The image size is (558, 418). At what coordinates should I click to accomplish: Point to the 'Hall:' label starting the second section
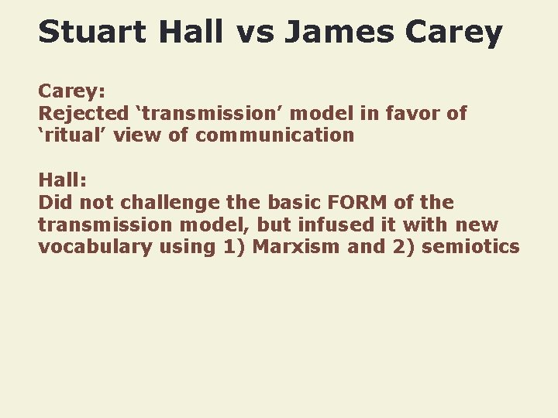tap(62, 180)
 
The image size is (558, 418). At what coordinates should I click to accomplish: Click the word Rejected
tap(83, 113)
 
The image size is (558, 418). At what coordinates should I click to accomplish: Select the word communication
tap(275, 135)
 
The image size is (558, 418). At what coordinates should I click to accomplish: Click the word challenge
tap(175, 203)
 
